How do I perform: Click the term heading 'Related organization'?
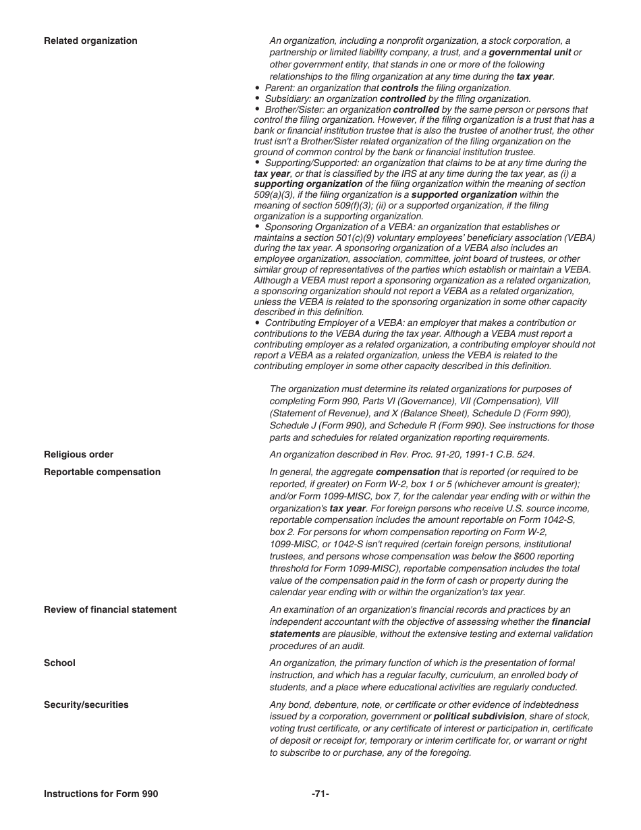90,41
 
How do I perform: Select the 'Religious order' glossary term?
78,454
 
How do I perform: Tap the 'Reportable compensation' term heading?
102,472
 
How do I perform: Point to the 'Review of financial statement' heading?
110,609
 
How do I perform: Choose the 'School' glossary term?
59,663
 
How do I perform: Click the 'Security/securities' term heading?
86,704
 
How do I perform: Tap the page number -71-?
320,794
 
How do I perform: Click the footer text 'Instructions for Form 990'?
101,794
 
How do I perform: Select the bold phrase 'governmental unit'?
529,53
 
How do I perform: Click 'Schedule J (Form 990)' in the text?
315,426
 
